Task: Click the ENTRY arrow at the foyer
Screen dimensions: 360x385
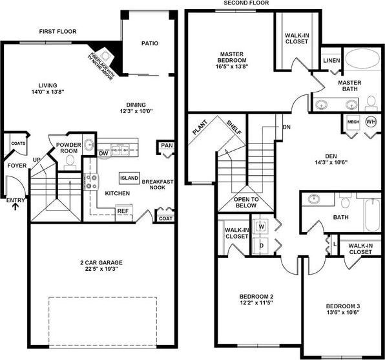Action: [x=16, y=208]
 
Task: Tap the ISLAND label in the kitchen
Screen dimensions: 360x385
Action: [x=129, y=178]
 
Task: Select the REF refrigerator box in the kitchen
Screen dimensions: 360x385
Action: [x=123, y=210]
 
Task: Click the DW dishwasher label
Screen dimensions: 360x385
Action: [x=103, y=153]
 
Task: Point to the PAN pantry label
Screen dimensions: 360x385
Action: [x=167, y=146]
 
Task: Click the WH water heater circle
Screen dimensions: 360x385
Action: [x=371, y=121]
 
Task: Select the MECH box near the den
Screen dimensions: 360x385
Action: [x=353, y=122]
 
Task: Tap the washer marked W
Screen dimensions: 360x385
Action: [x=262, y=227]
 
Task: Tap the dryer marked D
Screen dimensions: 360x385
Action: [x=262, y=246]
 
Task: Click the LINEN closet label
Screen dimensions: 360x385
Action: [x=331, y=60]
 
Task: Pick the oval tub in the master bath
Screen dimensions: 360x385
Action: [x=364, y=60]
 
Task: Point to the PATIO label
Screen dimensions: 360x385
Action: [x=150, y=44]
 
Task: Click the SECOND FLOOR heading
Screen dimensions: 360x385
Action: [x=246, y=3]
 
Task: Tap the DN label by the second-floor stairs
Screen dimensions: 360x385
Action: [x=286, y=127]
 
